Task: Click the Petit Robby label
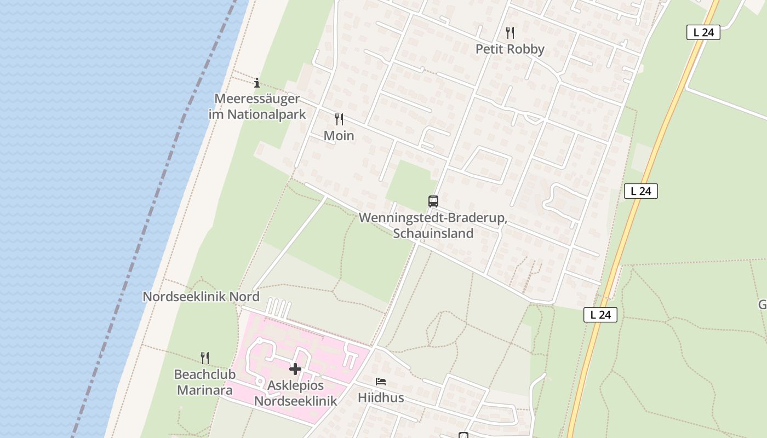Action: coord(510,49)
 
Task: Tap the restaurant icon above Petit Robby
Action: coord(510,32)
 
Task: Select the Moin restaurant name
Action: coord(339,136)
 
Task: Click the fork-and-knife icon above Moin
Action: coord(339,119)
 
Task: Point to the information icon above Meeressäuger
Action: coord(257,83)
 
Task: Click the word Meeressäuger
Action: coord(257,99)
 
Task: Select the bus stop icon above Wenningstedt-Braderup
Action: coord(433,201)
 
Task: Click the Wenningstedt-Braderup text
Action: coord(433,218)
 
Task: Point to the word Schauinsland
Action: coord(433,233)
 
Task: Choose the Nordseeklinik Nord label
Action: coord(201,297)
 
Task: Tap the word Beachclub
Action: coord(204,375)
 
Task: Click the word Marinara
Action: coord(203,390)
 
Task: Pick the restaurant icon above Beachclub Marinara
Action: coord(204,358)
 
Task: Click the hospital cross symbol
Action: coord(295,369)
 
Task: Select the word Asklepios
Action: coord(295,385)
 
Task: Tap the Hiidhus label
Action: coord(381,398)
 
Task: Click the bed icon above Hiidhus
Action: coord(381,382)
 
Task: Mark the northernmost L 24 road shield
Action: coord(703,32)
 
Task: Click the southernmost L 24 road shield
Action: coord(600,315)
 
